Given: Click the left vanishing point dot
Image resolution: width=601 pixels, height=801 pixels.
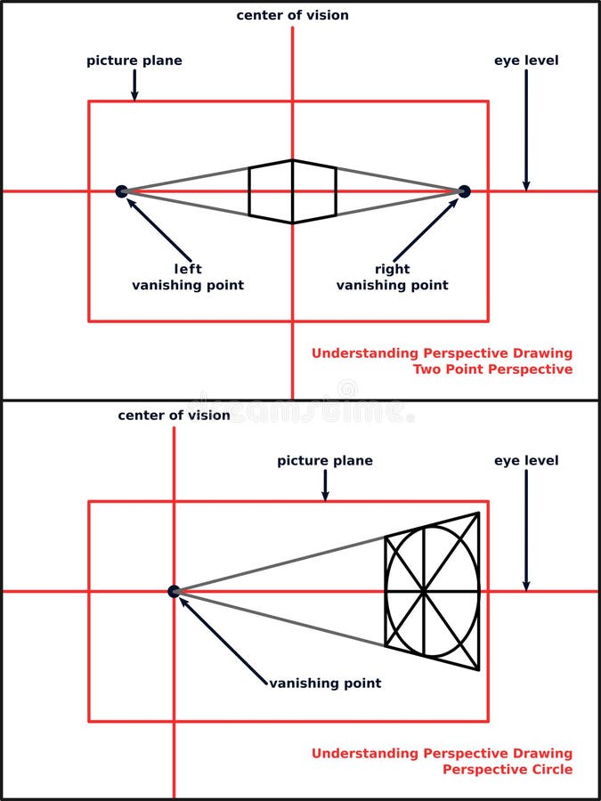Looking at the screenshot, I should pyautogui.click(x=122, y=190).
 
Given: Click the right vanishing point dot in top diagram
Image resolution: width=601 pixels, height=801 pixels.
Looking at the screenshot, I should pyautogui.click(x=464, y=190).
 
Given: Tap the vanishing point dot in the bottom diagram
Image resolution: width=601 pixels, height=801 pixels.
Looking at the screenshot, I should pyautogui.click(x=174, y=591).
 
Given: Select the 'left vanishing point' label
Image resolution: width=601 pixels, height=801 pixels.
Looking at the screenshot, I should pyautogui.click(x=188, y=277).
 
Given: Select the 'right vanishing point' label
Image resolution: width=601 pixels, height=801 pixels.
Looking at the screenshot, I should pyautogui.click(x=392, y=277).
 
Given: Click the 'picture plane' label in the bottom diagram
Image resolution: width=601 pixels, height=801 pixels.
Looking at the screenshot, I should pyautogui.click(x=325, y=460).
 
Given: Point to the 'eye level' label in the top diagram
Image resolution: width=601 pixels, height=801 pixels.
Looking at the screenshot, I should pyautogui.click(x=526, y=61).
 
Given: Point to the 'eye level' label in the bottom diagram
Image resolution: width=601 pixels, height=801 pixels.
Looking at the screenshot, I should pyautogui.click(x=526, y=460).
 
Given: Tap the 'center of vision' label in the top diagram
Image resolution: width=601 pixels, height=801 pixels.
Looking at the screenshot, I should pyautogui.click(x=292, y=15).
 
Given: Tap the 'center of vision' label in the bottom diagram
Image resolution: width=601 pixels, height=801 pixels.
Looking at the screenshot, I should pyautogui.click(x=174, y=415).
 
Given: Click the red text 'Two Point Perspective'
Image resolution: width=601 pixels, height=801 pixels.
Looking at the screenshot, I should pyautogui.click(x=492, y=368).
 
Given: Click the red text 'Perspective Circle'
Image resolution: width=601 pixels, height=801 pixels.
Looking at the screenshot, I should pyautogui.click(x=508, y=769).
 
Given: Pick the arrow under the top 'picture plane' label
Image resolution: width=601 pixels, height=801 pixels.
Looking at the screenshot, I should pyautogui.click(x=134, y=85).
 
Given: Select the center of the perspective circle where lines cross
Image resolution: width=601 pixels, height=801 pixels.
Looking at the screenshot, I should pyautogui.click(x=424, y=591).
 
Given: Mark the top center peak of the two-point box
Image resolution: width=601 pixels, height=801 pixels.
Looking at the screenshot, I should pyautogui.click(x=292, y=160).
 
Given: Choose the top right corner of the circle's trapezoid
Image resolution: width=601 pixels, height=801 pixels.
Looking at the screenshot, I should pyautogui.click(x=479, y=513).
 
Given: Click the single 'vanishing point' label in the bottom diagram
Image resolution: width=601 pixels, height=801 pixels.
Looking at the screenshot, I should pyautogui.click(x=325, y=684).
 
